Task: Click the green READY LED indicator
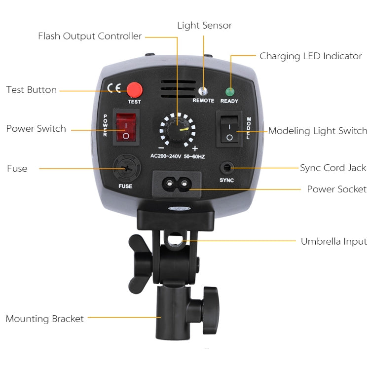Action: [229, 91]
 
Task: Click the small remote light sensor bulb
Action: [203, 91]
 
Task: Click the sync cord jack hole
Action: [227, 168]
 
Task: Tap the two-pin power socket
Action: [178, 184]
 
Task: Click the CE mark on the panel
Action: [114, 89]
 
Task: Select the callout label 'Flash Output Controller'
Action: [90, 36]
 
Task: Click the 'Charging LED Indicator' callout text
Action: [311, 56]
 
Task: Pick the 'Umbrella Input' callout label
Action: [334, 241]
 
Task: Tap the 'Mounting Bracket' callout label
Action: [45, 319]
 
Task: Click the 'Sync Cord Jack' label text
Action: [333, 168]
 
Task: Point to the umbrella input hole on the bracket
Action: [173, 240]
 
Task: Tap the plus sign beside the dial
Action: [195, 148]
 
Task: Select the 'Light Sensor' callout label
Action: [204, 25]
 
